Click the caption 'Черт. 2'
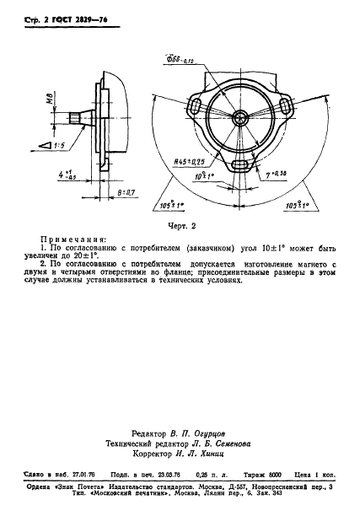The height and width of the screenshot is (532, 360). (x=180, y=225)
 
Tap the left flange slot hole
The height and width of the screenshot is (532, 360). (x=196, y=109)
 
